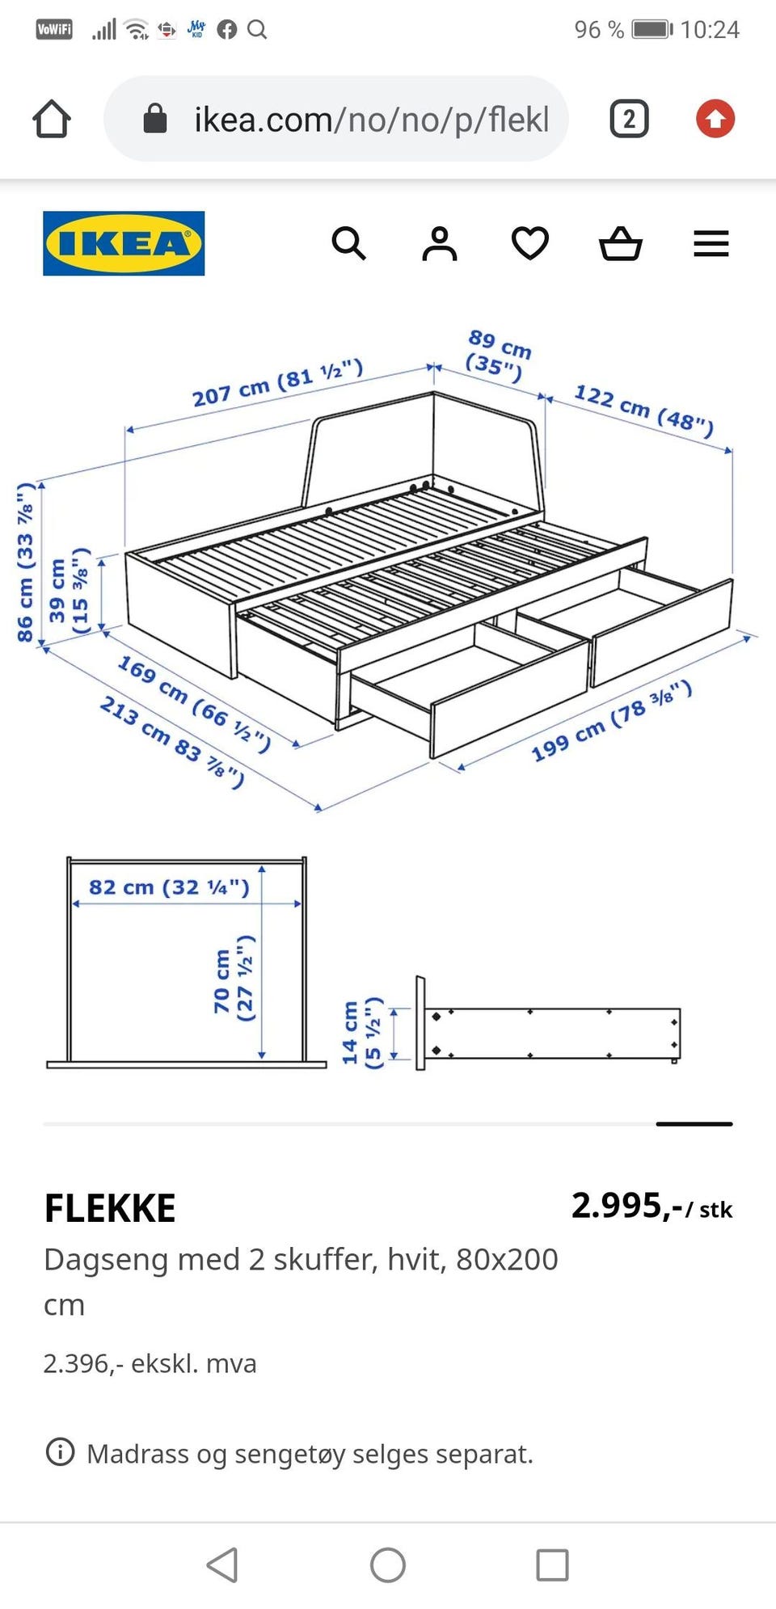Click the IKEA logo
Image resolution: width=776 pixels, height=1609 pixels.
pos(124,243)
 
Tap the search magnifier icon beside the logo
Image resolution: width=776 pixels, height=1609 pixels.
pos(348,243)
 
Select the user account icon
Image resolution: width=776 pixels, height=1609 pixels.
pos(440,243)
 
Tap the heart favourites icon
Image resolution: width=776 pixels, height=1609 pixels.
pos(530,243)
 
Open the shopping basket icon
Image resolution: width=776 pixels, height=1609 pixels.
pos(621,243)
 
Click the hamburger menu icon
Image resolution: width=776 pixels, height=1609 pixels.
pos(711,243)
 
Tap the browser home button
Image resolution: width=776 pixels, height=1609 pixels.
pos(52,119)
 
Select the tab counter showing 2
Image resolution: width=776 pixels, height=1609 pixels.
pos(629,119)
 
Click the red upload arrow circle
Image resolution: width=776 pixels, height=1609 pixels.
pos(715,119)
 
